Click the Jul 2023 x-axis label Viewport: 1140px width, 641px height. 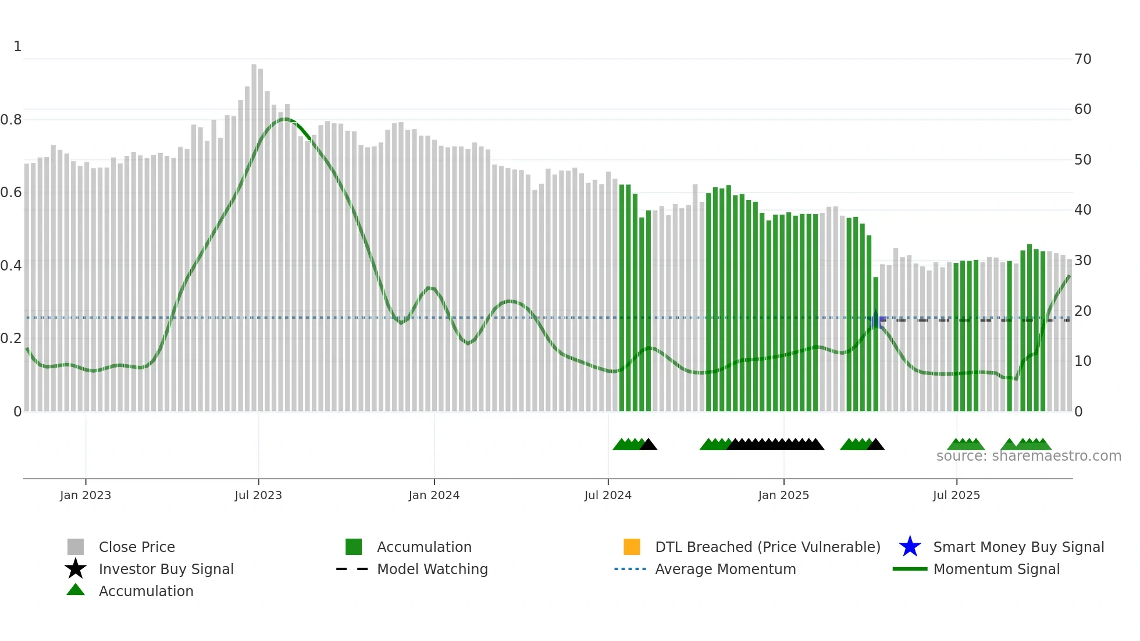coord(258,495)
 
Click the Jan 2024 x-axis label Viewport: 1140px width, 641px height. coord(434,495)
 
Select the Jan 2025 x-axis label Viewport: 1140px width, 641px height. coord(783,495)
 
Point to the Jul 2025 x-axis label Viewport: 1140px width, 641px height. coord(956,495)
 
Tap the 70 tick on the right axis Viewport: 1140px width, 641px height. coord(1082,59)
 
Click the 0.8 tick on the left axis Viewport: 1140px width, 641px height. coord(11,120)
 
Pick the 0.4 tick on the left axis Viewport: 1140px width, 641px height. coord(11,266)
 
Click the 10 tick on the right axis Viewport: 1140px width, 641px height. coord(1082,361)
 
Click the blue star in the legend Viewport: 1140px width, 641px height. coord(910,547)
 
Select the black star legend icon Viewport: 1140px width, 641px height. coord(76,569)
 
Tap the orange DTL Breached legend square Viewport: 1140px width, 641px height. coord(632,547)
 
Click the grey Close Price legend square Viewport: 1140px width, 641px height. coord(76,547)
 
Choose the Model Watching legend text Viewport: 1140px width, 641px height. coord(432,569)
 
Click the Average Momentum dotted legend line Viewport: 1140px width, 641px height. coord(630,569)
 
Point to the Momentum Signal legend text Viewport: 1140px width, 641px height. coord(996,569)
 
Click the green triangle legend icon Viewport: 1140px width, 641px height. coord(76,590)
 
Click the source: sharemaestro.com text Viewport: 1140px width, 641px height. coord(1028,456)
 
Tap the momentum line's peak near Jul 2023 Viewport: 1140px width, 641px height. coord(284,119)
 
